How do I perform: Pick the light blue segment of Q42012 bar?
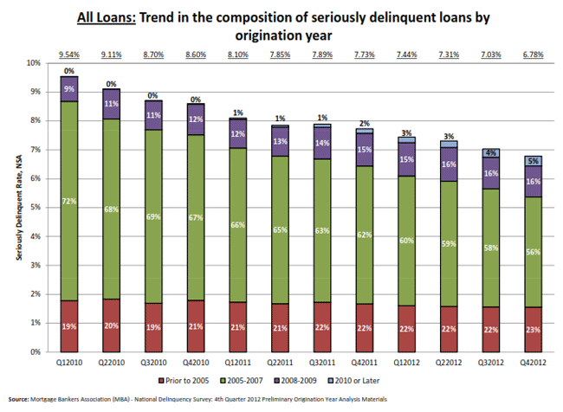pyautogui.click(x=533, y=160)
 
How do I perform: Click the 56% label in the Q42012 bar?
pyautogui.click(x=533, y=252)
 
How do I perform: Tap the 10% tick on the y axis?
pyautogui.click(x=34, y=63)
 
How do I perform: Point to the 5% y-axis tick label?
pyautogui.click(x=36, y=208)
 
